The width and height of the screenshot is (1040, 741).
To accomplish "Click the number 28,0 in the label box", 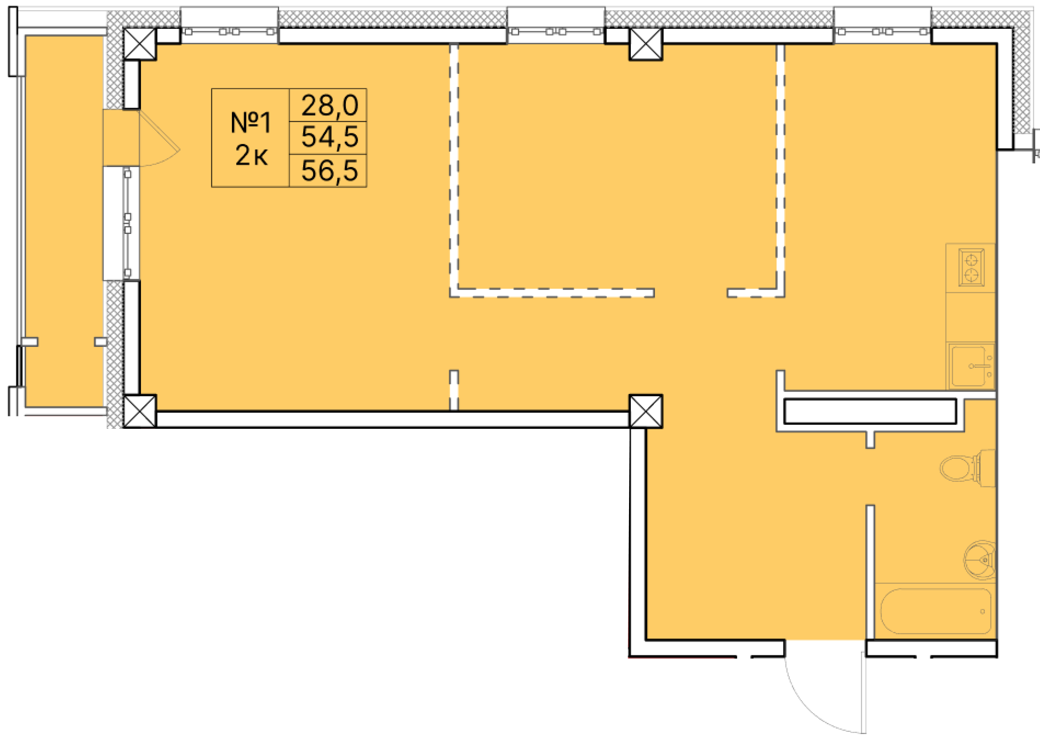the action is point(329,105).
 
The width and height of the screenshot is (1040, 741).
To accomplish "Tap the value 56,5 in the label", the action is point(329,171).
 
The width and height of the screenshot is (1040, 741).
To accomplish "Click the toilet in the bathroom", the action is point(967,468).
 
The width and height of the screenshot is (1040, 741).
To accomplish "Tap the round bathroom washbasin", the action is point(980,560).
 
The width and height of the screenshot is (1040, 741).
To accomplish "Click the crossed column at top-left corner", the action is point(140,44).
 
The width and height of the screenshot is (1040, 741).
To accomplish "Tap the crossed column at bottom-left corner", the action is point(140,411).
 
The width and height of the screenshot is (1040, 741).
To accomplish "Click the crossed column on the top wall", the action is point(645,44).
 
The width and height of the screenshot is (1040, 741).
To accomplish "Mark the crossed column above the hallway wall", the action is point(645,411).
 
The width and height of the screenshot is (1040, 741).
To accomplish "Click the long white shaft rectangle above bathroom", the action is point(870,411).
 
